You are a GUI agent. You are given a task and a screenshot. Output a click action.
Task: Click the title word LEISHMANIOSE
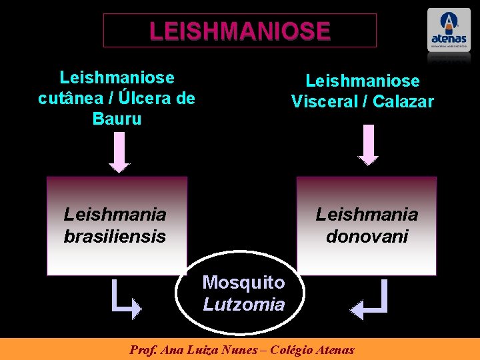[x=240, y=31]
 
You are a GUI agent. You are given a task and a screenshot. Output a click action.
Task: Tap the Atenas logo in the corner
[x=449, y=30]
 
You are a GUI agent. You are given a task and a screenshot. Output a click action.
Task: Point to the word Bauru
[x=117, y=119]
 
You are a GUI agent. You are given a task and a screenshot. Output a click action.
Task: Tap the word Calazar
[x=403, y=102]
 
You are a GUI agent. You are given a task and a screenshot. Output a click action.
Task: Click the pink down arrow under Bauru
[x=119, y=152]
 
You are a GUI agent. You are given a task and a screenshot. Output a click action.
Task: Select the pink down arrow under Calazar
[x=368, y=145]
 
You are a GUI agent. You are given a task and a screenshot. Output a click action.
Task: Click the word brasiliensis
[x=115, y=237]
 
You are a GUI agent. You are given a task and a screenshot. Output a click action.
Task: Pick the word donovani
[x=367, y=237]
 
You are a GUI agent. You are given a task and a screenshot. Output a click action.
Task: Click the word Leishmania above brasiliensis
[x=115, y=215]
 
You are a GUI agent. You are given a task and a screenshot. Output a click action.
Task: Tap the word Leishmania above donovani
[x=367, y=215]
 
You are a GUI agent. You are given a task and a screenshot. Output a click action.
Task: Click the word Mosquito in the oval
[x=243, y=283]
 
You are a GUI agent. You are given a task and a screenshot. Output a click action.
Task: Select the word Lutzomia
[x=243, y=305]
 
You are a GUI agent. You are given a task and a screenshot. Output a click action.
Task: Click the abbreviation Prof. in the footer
[x=142, y=349]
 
